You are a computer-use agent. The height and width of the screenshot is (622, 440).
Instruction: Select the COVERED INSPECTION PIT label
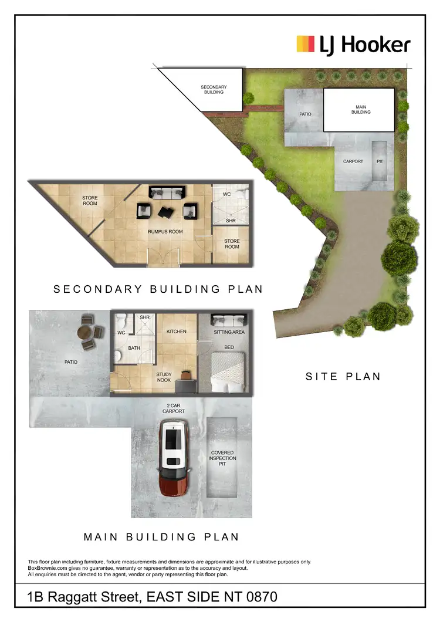click(222, 458)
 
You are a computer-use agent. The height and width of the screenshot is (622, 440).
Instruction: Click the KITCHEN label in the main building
click(176, 332)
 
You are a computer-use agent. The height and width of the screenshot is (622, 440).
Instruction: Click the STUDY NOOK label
click(164, 377)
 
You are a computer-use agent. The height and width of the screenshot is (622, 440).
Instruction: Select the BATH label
click(134, 348)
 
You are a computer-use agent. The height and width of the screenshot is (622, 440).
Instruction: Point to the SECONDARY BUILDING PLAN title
click(158, 289)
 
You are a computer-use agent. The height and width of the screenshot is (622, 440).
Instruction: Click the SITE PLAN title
click(343, 377)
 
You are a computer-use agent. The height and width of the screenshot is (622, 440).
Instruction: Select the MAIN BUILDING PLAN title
click(161, 536)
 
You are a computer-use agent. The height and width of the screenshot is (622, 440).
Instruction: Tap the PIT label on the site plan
click(380, 161)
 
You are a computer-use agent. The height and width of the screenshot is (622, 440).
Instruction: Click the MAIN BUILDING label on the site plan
click(361, 109)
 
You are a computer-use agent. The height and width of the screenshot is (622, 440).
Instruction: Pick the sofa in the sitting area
click(228, 320)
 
